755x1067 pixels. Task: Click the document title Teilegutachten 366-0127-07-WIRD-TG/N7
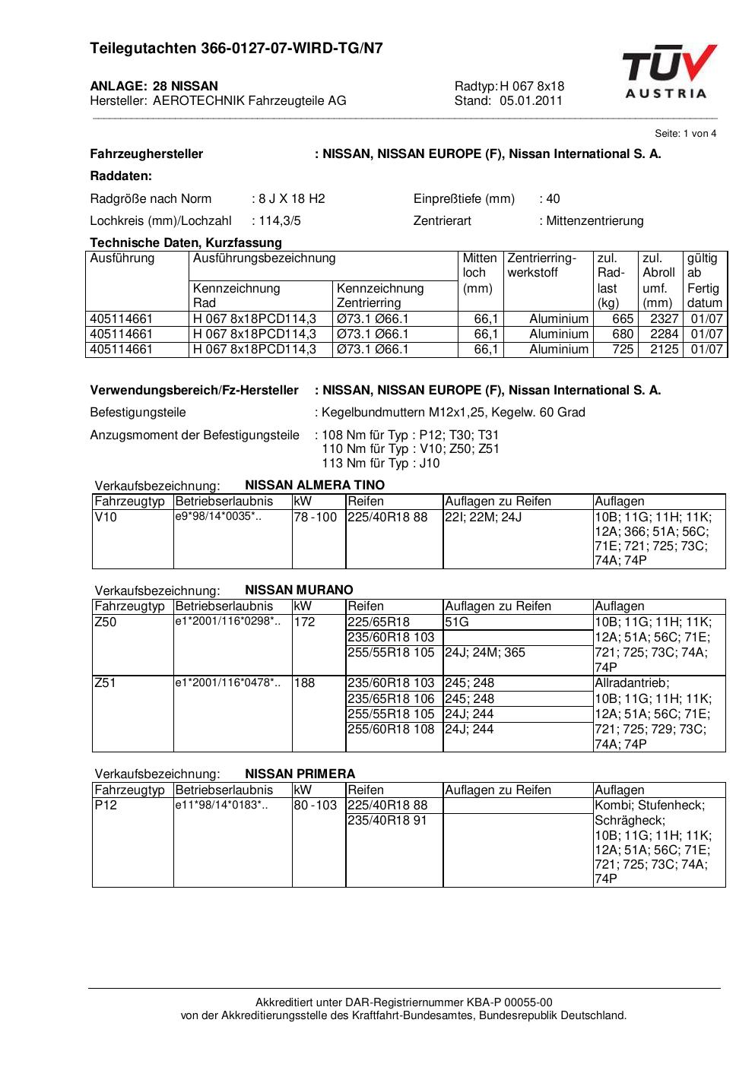(x=236, y=49)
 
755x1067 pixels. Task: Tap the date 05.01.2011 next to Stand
(x=531, y=100)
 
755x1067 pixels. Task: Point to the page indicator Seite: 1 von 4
(x=685, y=134)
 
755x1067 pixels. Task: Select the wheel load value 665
(x=623, y=319)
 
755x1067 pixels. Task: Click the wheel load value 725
(x=623, y=350)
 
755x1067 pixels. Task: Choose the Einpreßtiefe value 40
(x=553, y=199)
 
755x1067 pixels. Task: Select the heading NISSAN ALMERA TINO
(x=315, y=485)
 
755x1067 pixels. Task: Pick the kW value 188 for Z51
(x=304, y=683)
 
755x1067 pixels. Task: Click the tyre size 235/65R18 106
(x=391, y=698)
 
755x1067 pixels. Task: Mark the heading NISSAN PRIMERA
(x=300, y=774)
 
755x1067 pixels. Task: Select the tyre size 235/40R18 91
(x=388, y=821)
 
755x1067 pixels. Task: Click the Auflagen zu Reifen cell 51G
(x=457, y=622)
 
